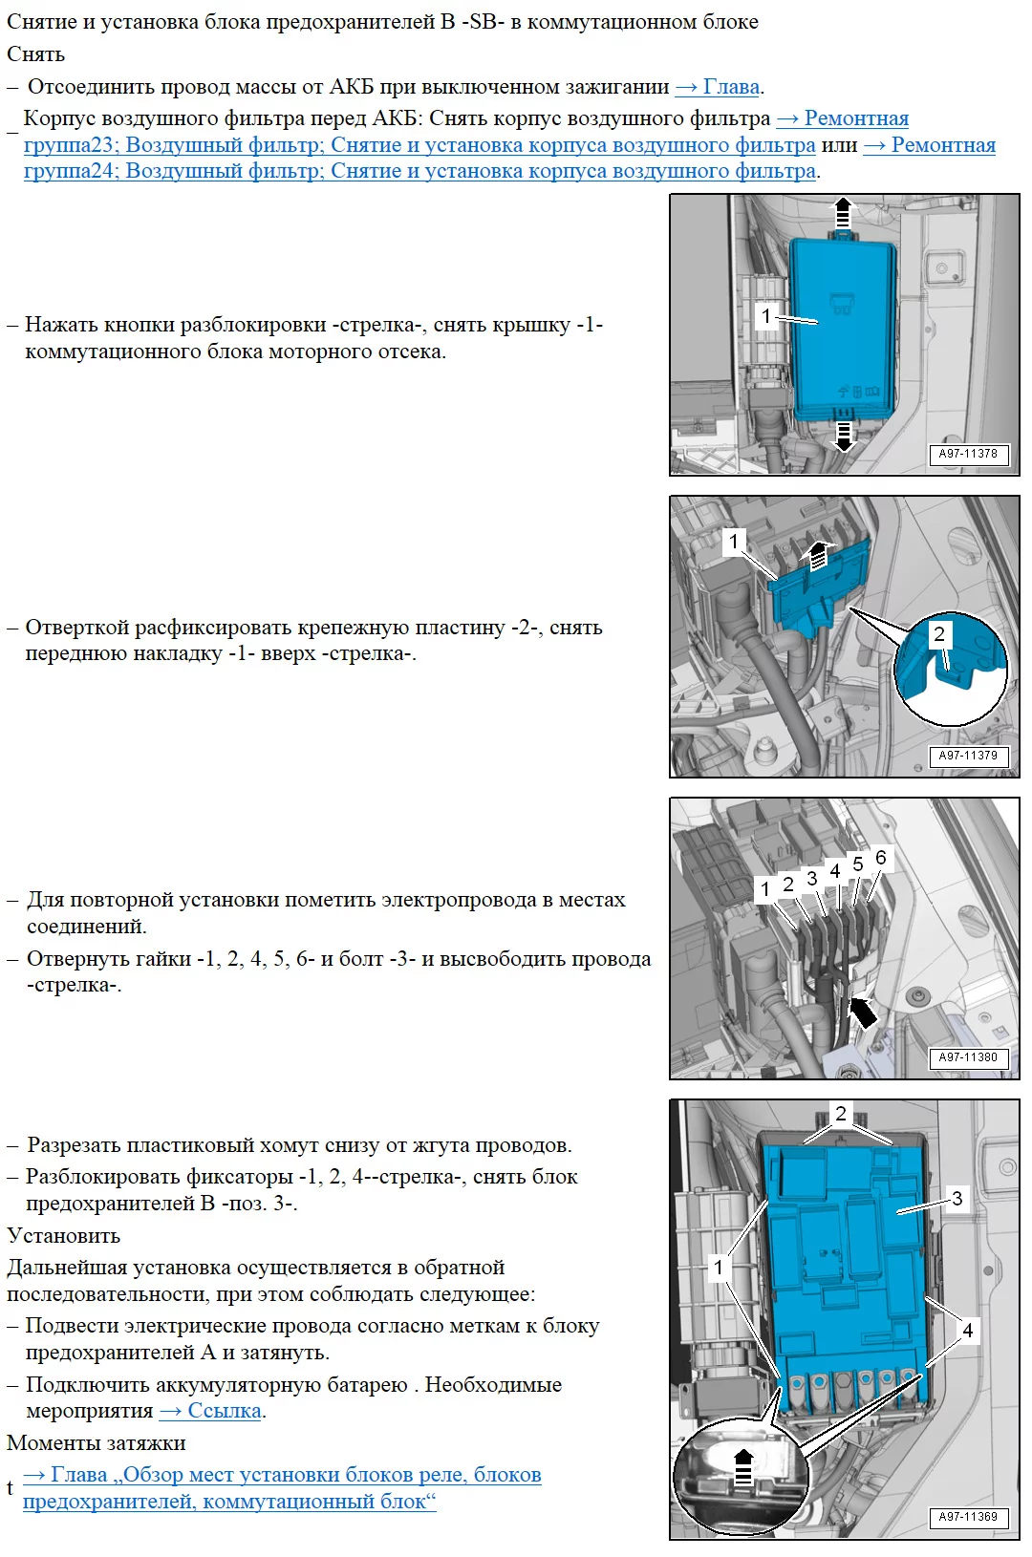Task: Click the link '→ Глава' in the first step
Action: tap(719, 87)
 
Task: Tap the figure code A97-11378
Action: tap(968, 454)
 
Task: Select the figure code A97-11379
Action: tap(968, 756)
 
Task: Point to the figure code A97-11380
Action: tap(968, 1057)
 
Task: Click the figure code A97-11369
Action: tap(968, 1516)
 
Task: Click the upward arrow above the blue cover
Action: tap(843, 213)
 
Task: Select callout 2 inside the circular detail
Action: tap(939, 634)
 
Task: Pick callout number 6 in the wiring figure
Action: tap(881, 858)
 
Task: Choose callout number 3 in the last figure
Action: tap(957, 1199)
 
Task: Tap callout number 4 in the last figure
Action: tap(968, 1330)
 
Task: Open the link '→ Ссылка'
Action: tap(211, 1411)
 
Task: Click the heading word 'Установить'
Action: tap(64, 1236)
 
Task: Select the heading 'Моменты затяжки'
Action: tap(97, 1443)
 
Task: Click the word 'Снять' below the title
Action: tap(36, 54)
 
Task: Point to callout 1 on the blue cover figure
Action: tap(766, 316)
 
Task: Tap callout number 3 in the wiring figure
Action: tap(811, 878)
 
